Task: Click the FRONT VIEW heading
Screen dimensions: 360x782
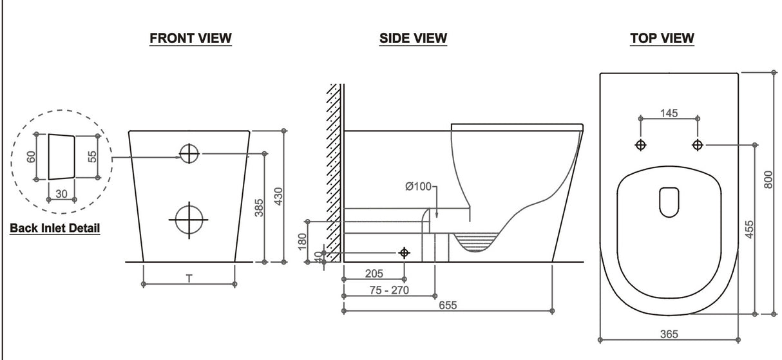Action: pos(191,39)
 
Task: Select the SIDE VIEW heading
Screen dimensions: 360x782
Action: pos(413,39)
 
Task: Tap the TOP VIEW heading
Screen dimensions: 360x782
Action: pos(662,39)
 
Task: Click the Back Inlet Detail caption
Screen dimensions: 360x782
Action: pos(55,228)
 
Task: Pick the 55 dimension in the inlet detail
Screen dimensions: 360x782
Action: pos(92,156)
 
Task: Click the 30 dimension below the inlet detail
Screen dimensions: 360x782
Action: pos(62,193)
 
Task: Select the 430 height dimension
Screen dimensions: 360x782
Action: pos(279,196)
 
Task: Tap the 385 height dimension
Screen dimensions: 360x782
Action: pos(258,207)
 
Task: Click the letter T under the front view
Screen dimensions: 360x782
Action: pos(188,278)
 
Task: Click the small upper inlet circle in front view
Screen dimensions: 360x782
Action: pos(189,153)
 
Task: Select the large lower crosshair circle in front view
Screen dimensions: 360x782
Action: pos(189,219)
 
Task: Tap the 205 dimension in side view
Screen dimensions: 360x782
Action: pos(374,274)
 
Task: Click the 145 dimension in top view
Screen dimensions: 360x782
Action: pos(669,113)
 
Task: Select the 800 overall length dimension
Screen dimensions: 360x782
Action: pos(768,180)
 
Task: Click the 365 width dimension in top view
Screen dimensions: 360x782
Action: pos(669,334)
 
